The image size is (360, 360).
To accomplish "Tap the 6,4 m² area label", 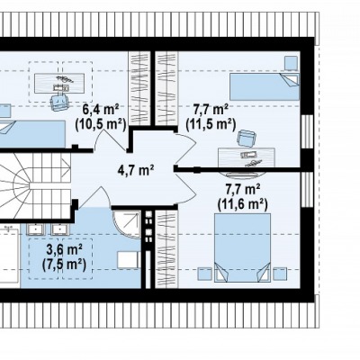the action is (101, 110).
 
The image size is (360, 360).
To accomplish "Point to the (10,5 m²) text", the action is (101, 124).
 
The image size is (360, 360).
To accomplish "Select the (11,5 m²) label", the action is (211, 124).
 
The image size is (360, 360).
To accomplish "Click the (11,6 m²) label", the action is (242, 204).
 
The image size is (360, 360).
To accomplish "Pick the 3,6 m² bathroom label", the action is (65, 250).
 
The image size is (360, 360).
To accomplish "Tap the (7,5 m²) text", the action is (65, 265).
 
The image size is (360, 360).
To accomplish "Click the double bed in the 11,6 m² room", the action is (243, 247).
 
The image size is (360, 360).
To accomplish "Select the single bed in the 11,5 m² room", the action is (265, 86).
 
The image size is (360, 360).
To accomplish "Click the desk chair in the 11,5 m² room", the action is (247, 138).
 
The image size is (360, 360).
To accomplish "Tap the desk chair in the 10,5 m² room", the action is (59, 102).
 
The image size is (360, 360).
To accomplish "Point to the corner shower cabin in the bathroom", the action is (127, 224).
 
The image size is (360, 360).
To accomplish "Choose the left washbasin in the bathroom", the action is (36, 229).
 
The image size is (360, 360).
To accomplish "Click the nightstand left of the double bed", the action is (204, 274).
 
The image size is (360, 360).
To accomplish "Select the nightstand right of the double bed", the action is (280, 274).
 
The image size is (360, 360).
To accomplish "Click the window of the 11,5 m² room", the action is (307, 131).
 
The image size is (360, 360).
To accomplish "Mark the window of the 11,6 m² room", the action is (307, 190).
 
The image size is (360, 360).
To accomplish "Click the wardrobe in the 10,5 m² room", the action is (139, 87).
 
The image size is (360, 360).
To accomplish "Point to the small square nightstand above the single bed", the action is (291, 63).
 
